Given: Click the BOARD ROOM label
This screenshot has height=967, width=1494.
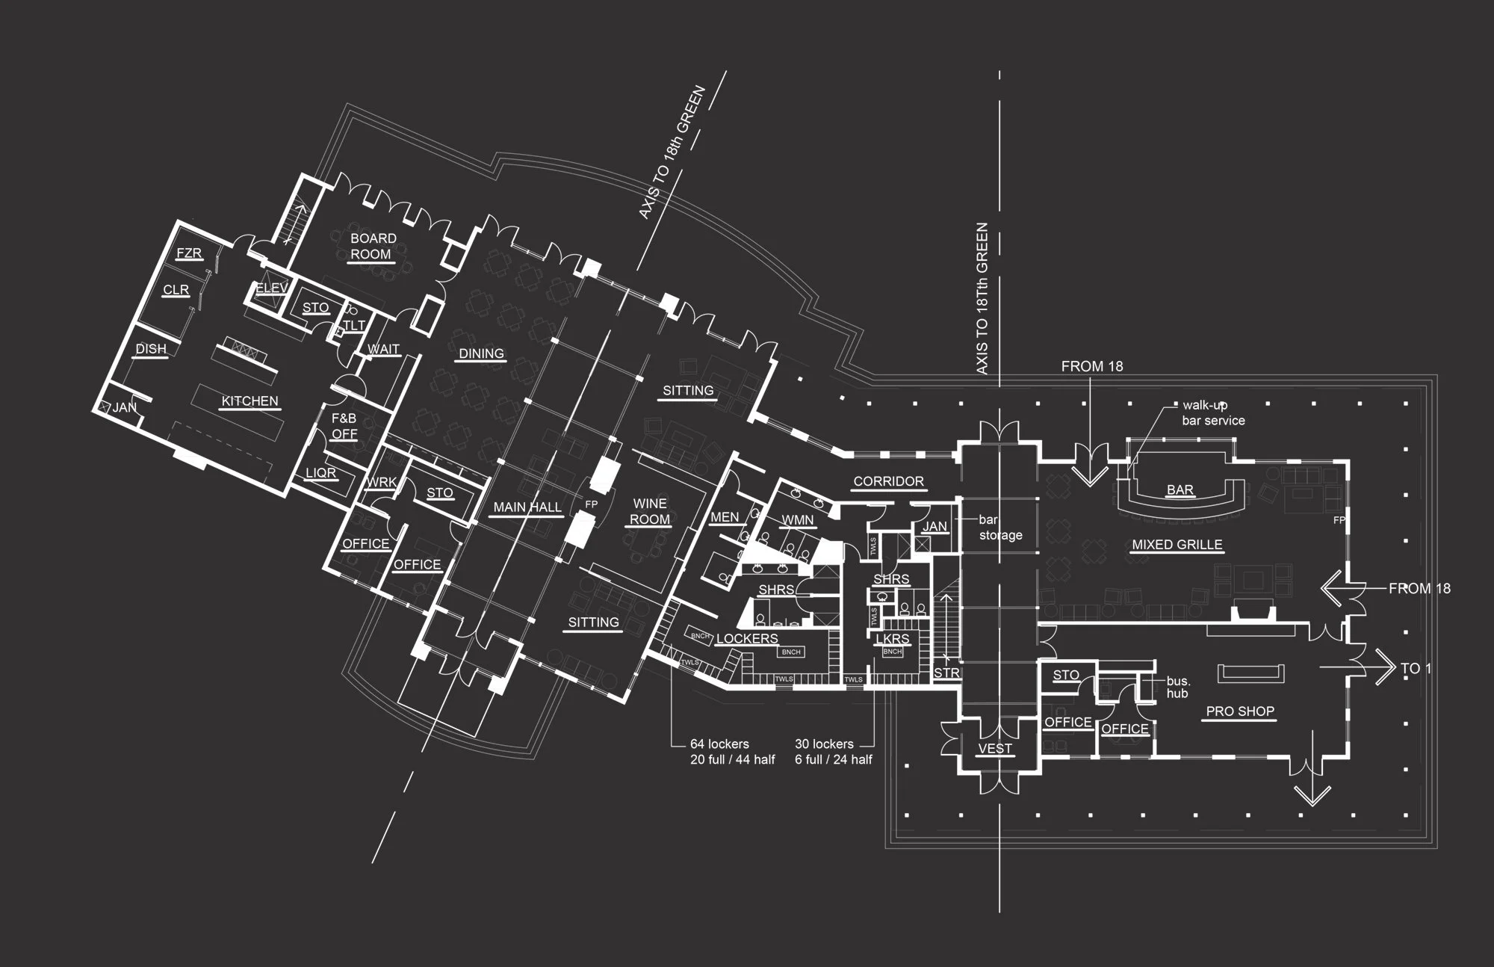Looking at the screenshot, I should pos(373,246).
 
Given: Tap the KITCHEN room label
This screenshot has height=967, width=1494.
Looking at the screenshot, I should pos(249,401).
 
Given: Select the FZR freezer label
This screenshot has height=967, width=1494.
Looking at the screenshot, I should pos(189,253).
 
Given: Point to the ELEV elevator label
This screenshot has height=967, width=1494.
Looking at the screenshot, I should pos(271,288).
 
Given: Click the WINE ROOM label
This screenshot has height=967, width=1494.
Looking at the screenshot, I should pos(650,511).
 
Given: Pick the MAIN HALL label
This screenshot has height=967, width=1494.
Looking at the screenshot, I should pos(527,507).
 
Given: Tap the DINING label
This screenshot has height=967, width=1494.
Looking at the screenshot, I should pos(481,353).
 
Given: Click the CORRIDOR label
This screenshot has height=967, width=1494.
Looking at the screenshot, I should pos(888,481).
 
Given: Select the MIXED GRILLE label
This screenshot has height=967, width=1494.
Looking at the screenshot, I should pos(1177,545).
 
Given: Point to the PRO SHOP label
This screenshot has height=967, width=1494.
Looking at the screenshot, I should pos(1240,711).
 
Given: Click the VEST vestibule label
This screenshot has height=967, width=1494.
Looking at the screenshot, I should pos(995,748).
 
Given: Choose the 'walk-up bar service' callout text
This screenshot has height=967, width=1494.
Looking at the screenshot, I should pos(1213,413).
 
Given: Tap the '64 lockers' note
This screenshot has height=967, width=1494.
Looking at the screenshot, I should pos(732,752).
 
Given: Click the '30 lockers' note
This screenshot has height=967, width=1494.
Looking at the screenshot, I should pos(833,752).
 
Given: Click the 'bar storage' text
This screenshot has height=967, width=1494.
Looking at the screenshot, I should pos(1000,528).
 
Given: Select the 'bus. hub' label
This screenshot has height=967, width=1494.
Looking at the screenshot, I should pos(1178,688).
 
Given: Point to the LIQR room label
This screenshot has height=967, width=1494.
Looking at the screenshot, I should pos(320,473).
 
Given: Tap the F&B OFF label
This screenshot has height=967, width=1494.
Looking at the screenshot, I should pos(344,426).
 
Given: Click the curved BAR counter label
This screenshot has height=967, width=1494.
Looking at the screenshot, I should pos(1180,490).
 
